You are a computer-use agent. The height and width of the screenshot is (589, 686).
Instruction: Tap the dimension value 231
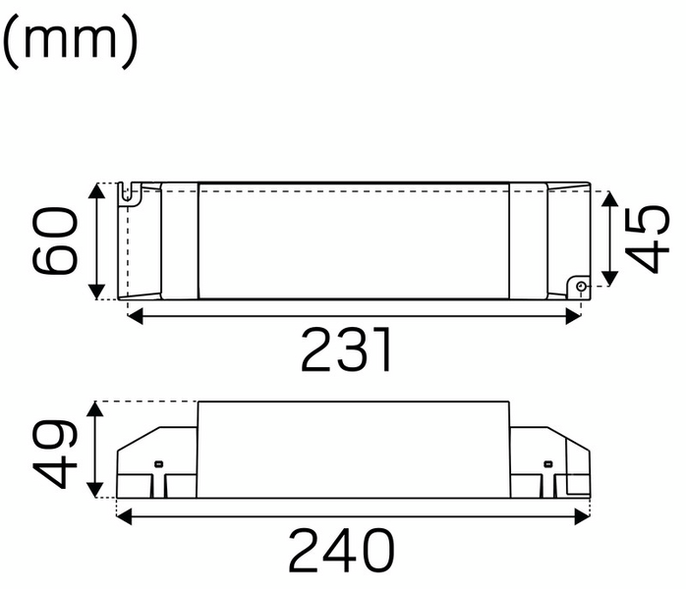point(347,349)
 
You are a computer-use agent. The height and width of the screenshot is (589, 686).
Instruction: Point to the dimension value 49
point(53,453)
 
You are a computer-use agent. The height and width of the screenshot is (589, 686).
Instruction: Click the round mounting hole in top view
point(580,287)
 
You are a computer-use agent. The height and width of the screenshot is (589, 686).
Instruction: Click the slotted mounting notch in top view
point(126,192)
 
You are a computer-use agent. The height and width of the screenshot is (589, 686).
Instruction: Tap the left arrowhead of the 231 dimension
point(135,315)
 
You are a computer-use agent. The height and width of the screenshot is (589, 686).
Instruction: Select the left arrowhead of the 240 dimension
point(124,514)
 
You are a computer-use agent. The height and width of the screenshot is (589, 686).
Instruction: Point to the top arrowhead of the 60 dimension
point(96,190)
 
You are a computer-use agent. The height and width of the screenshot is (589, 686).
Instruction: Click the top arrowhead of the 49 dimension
point(96,408)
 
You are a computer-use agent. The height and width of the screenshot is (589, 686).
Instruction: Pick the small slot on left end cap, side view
point(158,462)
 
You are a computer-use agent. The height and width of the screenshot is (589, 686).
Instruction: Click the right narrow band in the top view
point(527,241)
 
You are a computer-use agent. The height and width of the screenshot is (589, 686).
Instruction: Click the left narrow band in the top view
point(179,241)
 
